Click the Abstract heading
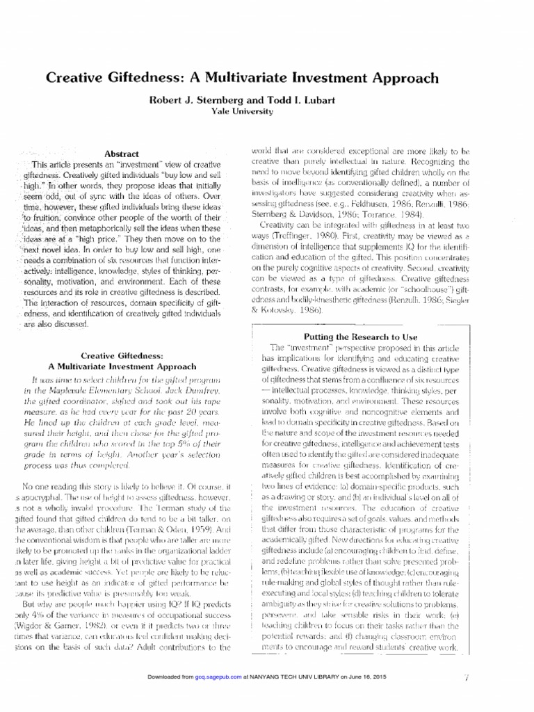point(121,153)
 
